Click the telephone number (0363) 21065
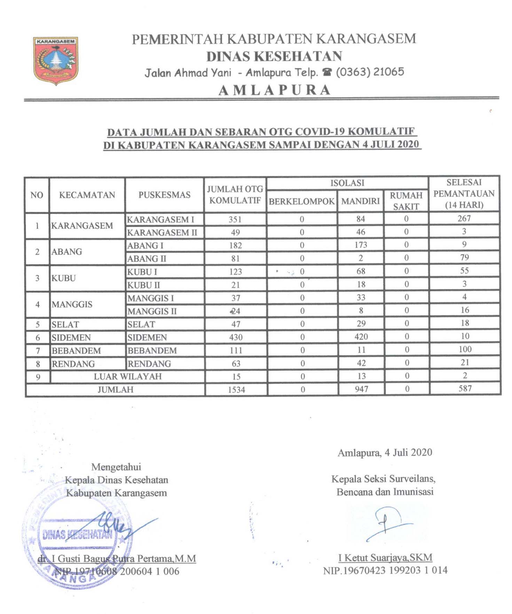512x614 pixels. click(x=370, y=72)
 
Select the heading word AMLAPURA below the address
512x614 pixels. click(x=274, y=90)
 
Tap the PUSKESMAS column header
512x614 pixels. click(x=164, y=195)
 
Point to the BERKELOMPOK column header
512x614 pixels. click(x=301, y=202)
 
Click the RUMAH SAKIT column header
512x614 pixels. click(x=406, y=201)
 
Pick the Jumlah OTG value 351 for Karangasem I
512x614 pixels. click(x=235, y=220)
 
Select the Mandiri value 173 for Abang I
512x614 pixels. click(x=361, y=245)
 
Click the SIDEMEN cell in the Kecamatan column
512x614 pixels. click(x=71, y=338)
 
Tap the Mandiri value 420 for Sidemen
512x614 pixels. click(x=361, y=337)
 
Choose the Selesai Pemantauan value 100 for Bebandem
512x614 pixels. click(x=465, y=349)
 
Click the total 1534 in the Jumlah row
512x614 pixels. click(x=236, y=390)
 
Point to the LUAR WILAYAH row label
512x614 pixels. click(x=128, y=377)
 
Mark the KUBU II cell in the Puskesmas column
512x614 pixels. click(x=143, y=285)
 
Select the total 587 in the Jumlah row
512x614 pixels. click(x=465, y=388)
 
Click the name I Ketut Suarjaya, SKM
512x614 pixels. click(x=385, y=558)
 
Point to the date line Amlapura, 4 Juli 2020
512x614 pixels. click(x=385, y=452)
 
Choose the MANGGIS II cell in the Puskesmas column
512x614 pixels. click(x=152, y=311)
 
